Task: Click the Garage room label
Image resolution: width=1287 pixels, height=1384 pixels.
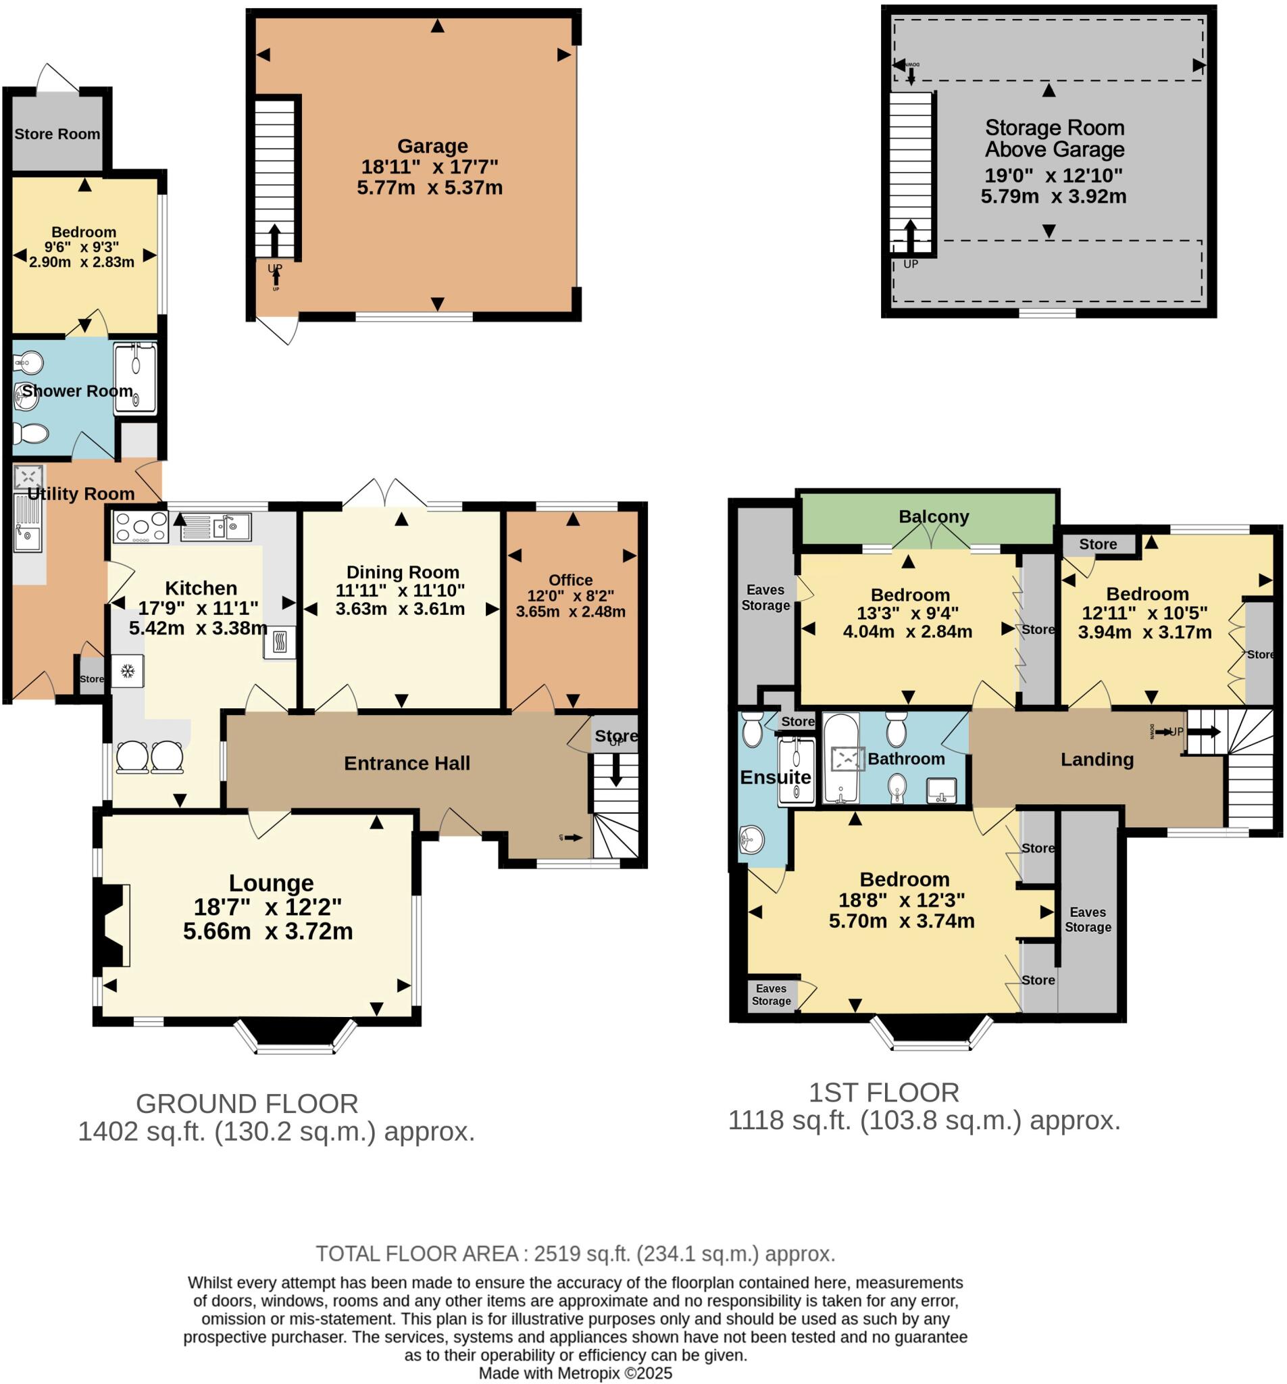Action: (x=432, y=146)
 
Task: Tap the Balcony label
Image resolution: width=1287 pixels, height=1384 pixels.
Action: (x=934, y=516)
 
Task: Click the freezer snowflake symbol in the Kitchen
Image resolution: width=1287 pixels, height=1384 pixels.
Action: (x=128, y=671)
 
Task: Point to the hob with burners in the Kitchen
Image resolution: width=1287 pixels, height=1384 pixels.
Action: (x=141, y=527)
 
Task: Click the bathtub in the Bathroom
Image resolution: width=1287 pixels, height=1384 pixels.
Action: (x=840, y=758)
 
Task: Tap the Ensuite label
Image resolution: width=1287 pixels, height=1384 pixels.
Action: (x=775, y=777)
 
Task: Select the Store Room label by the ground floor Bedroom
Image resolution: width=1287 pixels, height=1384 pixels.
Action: (x=57, y=134)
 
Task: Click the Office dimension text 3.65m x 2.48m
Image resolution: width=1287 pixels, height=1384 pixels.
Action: (x=570, y=612)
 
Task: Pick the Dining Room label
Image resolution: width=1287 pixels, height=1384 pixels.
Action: (x=403, y=572)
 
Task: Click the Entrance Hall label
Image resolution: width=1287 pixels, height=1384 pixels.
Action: (x=407, y=764)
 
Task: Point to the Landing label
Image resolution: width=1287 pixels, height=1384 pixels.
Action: (x=1096, y=760)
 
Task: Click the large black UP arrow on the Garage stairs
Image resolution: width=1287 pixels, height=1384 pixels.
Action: (x=274, y=240)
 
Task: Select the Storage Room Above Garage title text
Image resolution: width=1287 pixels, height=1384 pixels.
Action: (x=1054, y=139)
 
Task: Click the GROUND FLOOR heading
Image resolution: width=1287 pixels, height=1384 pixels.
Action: (x=247, y=1104)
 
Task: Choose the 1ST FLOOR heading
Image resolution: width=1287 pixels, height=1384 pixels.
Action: (x=883, y=1092)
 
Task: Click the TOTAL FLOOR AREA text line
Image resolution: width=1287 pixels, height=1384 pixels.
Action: (x=575, y=1254)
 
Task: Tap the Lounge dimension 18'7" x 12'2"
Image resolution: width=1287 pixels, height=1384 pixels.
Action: (x=268, y=907)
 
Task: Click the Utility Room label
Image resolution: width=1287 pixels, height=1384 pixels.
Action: (x=81, y=494)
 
